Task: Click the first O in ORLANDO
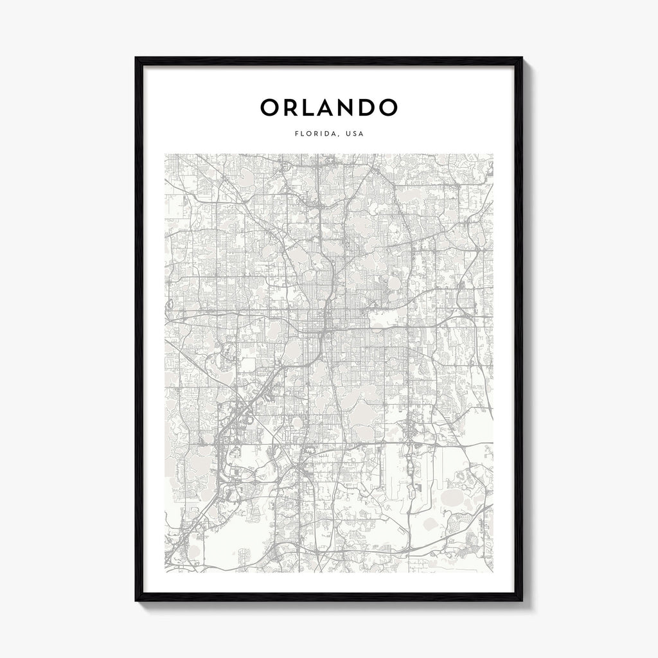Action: (x=271, y=108)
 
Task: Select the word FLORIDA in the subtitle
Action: (x=315, y=134)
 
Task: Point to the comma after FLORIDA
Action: (x=337, y=136)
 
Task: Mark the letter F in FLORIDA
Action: (x=295, y=134)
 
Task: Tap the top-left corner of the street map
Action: (x=165, y=154)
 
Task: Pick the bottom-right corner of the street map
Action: (x=493, y=571)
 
